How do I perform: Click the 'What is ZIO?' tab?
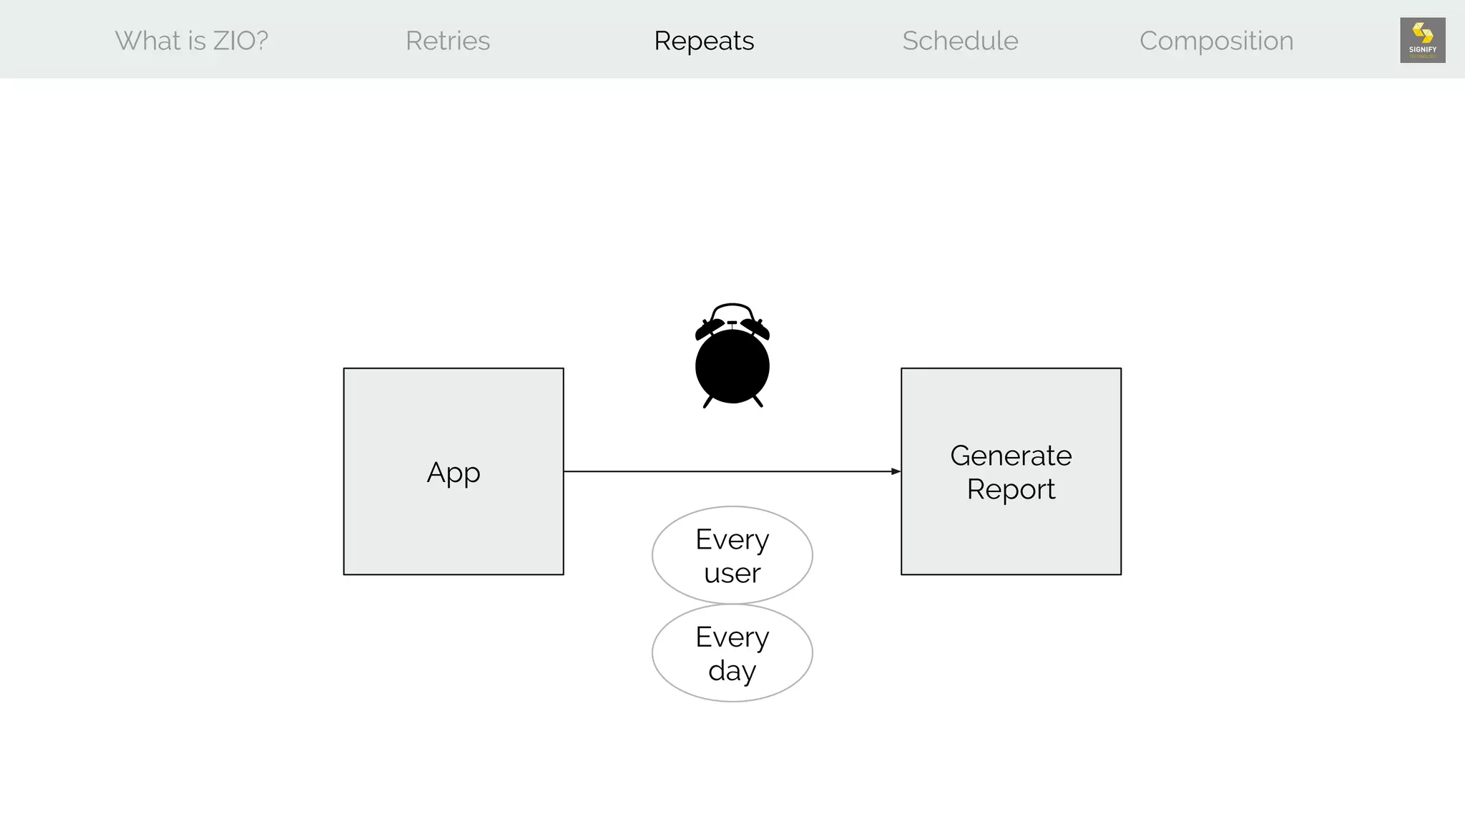coord(192,41)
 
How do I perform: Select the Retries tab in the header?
coord(448,41)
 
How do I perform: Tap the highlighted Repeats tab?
coord(704,41)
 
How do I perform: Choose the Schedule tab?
coord(960,41)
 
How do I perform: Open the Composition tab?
coord(1216,41)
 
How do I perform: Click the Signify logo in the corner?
coord(1422,40)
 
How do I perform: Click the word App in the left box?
coord(454,473)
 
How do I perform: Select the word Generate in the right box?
coord(1011,456)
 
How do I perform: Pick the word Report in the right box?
coord(1011,489)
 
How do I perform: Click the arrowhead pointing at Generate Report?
coord(896,471)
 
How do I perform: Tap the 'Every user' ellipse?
coord(732,555)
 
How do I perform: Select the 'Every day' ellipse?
coord(732,653)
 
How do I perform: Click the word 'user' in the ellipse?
coord(732,573)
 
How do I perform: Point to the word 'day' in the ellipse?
coord(732,671)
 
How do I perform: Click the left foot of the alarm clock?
coord(707,402)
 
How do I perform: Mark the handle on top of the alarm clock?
coord(732,307)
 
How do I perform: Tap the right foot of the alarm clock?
coord(758,401)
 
